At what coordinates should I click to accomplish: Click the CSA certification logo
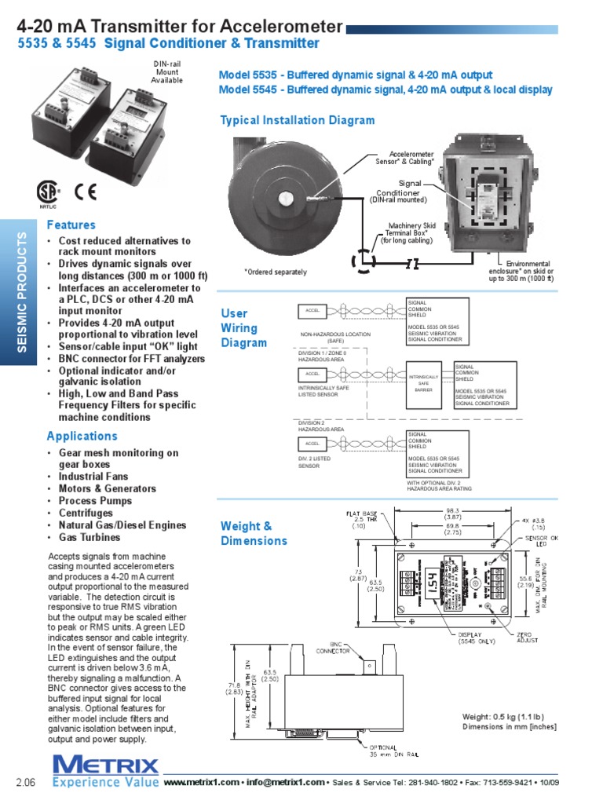(47, 193)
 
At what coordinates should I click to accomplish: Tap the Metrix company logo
(105, 766)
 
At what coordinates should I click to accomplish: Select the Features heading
(71, 225)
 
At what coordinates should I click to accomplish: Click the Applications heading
(82, 437)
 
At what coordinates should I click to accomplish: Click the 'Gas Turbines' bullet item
(89, 538)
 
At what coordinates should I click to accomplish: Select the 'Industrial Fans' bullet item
(93, 477)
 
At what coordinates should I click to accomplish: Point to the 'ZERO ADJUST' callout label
(528, 637)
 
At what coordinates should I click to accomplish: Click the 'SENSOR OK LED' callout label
(543, 542)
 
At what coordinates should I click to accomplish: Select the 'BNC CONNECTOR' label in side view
(333, 647)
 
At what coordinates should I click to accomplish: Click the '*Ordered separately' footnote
(275, 272)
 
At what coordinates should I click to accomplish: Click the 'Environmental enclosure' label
(521, 271)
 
